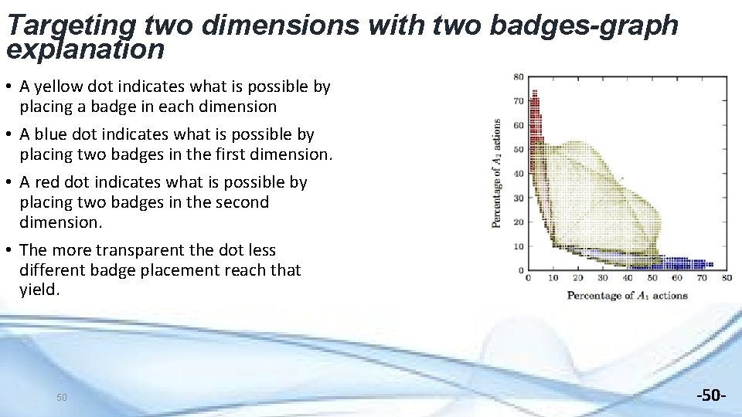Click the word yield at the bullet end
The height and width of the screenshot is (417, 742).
point(38,290)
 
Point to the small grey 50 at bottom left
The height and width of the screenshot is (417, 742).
point(62,397)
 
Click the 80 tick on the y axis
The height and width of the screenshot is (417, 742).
point(519,76)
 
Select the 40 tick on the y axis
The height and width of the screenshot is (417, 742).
point(519,174)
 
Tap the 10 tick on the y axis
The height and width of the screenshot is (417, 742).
point(519,246)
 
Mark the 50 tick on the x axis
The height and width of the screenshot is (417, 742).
point(652,278)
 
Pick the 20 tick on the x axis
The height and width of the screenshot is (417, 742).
point(578,278)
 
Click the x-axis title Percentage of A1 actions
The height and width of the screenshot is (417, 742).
point(627,296)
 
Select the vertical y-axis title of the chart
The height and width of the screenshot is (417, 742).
point(496,173)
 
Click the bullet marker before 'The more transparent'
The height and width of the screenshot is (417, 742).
point(10,250)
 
